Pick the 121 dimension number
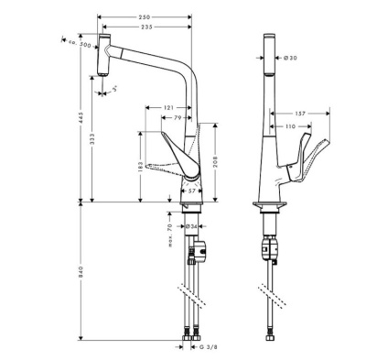point(170,108)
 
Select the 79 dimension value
point(180,118)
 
